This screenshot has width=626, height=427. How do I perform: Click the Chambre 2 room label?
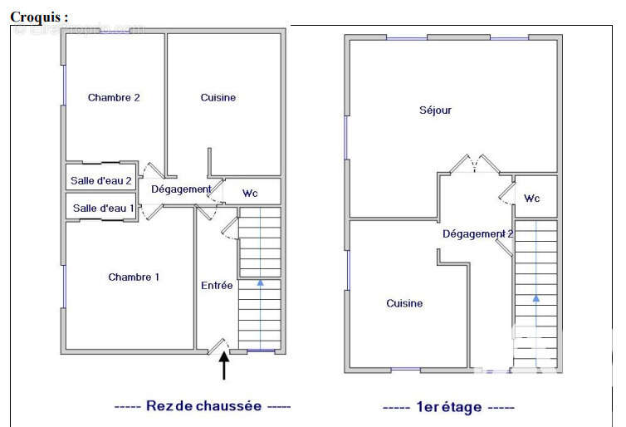tap(114, 98)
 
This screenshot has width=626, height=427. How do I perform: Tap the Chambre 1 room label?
tap(134, 277)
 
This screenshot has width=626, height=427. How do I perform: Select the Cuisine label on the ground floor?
tap(218, 98)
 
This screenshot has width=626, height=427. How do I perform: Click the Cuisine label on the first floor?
tap(404, 304)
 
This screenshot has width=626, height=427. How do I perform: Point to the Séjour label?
tap(436, 110)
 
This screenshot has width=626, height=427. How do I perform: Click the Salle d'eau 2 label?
tap(101, 180)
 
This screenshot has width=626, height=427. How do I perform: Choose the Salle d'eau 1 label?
tap(104, 208)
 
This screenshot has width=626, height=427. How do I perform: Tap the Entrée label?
tap(217, 286)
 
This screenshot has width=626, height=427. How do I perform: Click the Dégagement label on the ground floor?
tap(181, 189)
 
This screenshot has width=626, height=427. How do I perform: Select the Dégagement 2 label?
tap(477, 234)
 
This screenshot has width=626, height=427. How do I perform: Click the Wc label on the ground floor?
tap(250, 194)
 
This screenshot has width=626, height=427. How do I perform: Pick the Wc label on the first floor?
tap(532, 199)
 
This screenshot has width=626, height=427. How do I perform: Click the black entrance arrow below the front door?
tap(224, 366)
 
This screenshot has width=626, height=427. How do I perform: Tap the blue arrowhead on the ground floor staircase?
tap(260, 283)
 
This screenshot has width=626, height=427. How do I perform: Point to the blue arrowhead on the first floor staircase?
tap(536, 297)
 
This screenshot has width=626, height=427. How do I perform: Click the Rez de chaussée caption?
tap(202, 406)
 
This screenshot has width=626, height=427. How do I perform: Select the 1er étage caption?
tap(448, 407)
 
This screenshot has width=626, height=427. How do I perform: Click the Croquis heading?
tap(39, 17)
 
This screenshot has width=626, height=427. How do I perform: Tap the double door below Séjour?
tap(475, 164)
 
